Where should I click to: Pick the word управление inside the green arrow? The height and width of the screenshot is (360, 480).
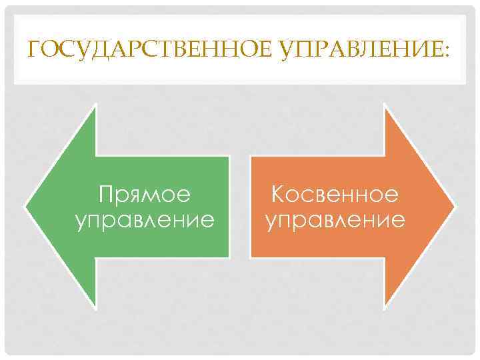click(x=145, y=219)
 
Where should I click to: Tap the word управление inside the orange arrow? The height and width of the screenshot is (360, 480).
click(x=335, y=219)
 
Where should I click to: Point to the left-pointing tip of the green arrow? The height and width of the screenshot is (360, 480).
click(x=25, y=207)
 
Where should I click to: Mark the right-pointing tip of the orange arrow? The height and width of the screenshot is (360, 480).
click(x=455, y=207)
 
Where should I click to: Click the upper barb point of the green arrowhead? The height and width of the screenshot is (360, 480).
click(x=97, y=105)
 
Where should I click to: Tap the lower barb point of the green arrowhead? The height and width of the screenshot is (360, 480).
click(x=97, y=309)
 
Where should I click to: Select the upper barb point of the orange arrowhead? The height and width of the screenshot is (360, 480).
click(x=384, y=105)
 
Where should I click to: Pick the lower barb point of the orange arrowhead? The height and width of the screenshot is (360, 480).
click(x=384, y=309)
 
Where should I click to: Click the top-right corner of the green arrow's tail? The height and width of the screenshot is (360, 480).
click(x=229, y=156)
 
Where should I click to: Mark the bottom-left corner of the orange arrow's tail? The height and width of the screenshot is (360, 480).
click(x=251, y=258)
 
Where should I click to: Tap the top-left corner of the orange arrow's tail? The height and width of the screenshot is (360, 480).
click(x=251, y=156)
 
